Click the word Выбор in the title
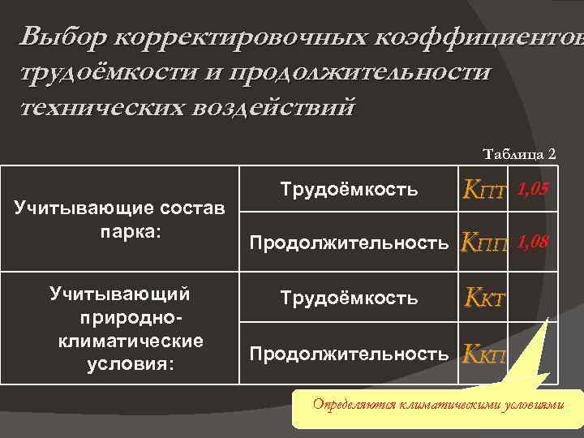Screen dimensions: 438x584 pyautogui.click(x=64, y=36)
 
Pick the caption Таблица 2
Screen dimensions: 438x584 pyautogui.click(x=519, y=153)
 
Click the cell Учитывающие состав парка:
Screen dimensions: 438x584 pyautogui.click(x=120, y=220)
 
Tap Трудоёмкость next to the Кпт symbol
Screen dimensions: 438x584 pyautogui.click(x=349, y=190)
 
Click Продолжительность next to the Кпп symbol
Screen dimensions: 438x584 pyautogui.click(x=349, y=243)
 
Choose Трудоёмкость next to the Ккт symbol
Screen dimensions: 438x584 pyautogui.click(x=349, y=298)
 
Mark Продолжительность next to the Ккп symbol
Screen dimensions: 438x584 pyautogui.click(x=349, y=354)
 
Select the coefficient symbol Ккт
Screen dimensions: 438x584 pyautogui.click(x=485, y=299)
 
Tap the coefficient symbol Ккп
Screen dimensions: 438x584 pyautogui.click(x=484, y=354)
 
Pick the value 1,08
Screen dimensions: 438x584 pyautogui.click(x=533, y=240)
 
